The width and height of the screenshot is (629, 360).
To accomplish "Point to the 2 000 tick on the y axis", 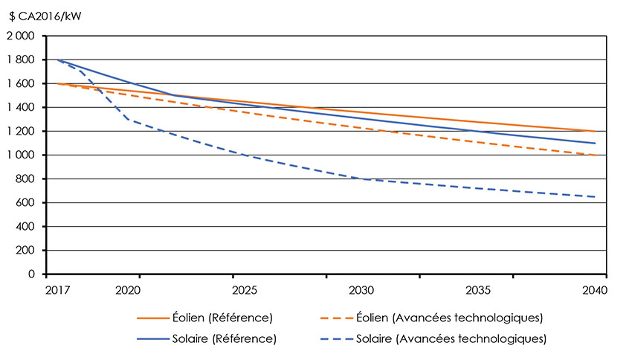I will (21, 36).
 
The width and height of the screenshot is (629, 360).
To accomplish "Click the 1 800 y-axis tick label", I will (21, 60).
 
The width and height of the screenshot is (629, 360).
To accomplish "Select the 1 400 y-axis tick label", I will (21, 107).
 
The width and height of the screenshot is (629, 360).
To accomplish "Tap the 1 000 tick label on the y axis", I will (21, 155).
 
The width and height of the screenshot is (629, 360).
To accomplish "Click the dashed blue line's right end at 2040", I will (595, 197).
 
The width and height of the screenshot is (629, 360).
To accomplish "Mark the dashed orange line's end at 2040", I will (595, 155).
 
